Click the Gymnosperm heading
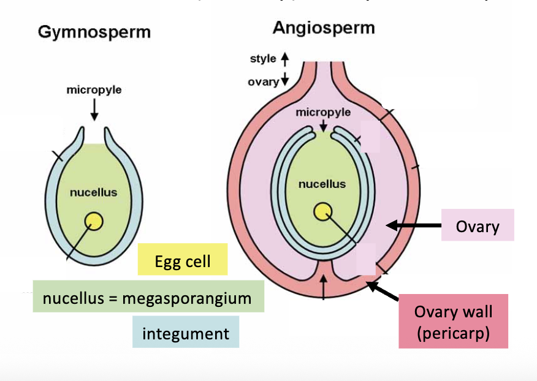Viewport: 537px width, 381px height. pyautogui.click(x=94, y=32)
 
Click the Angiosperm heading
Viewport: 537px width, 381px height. pyautogui.click(x=324, y=28)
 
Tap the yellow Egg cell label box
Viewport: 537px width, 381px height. pyautogui.click(x=183, y=262)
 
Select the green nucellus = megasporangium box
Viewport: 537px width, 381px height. pyautogui.click(x=147, y=298)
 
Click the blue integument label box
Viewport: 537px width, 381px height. pyautogui.click(x=185, y=333)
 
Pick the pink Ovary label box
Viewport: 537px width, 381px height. pyautogui.click(x=478, y=226)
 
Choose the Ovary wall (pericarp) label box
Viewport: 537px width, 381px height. pyautogui.click(x=453, y=320)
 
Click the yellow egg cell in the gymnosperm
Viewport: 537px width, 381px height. pyautogui.click(x=94, y=220)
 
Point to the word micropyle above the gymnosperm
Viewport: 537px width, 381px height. pyautogui.click(x=94, y=90)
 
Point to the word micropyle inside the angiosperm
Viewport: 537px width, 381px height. pyautogui.click(x=323, y=112)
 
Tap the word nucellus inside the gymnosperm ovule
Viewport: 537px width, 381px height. pyautogui.click(x=93, y=192)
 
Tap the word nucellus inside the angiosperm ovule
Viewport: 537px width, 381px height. pyautogui.click(x=322, y=184)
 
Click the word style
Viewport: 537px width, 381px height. pyautogui.click(x=262, y=59)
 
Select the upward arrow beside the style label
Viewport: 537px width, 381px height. pyautogui.click(x=284, y=59)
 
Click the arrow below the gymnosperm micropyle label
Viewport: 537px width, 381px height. pyautogui.click(x=94, y=108)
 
